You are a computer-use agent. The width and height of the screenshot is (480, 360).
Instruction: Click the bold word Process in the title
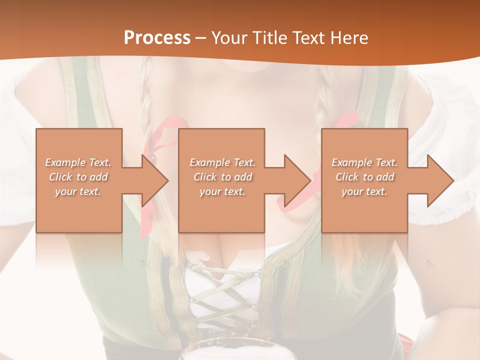157,38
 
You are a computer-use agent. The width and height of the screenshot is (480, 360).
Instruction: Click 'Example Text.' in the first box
78,162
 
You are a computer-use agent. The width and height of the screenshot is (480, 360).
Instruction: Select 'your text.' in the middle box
222,191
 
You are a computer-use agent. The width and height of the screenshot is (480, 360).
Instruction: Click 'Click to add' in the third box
364,177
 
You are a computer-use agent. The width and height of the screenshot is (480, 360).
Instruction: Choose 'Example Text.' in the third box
364,162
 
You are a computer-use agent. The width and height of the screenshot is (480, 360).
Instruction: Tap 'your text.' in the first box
78,191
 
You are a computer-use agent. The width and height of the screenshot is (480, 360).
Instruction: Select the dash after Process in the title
200,38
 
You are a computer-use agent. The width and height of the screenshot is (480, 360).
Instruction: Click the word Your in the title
230,38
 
